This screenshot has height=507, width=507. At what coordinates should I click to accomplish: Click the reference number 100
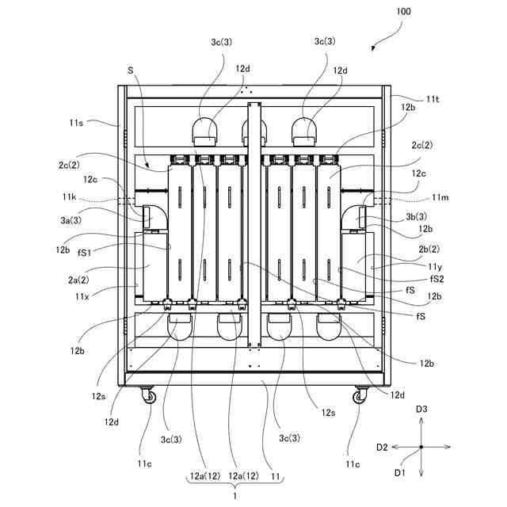coord(403,12)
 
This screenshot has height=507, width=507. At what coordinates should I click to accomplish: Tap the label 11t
coord(433,99)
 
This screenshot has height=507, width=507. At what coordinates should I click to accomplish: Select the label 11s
coord(76,123)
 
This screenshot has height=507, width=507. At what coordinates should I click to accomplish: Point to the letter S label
coord(130,71)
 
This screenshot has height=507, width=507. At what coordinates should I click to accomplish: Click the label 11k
coord(69,196)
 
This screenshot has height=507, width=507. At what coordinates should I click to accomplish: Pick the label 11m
coord(440,197)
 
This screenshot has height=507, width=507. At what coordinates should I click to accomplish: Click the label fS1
coord(85,253)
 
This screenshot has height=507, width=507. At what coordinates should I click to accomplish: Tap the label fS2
coord(436,279)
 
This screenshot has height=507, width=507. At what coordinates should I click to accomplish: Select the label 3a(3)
coord(71,220)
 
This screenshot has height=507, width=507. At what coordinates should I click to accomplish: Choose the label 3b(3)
coord(416,216)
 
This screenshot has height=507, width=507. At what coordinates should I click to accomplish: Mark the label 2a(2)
coord(78,280)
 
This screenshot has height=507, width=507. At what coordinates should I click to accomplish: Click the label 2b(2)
coord(429,249)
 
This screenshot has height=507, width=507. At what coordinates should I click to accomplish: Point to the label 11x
coord(82,296)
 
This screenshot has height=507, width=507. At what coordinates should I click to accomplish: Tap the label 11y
coord(435,267)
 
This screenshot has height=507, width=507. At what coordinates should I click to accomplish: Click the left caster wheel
coord(149,396)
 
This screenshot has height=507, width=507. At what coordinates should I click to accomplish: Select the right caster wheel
coord(360,396)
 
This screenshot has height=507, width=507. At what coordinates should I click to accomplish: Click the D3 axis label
coord(421,410)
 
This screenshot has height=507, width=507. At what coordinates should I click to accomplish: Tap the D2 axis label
coord(382,448)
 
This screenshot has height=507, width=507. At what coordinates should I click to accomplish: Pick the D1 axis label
coord(399,473)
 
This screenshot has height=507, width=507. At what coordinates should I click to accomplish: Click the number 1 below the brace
coord(235,496)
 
